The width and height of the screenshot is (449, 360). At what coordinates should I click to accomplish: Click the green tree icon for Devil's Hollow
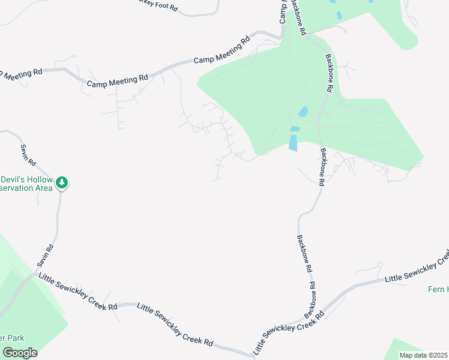pos(62,183)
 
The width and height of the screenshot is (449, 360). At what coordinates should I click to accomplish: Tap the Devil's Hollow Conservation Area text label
pos(26,183)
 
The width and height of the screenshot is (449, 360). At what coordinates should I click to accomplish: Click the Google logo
pos(20,352)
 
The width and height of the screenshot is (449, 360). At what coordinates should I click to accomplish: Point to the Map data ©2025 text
pos(423,355)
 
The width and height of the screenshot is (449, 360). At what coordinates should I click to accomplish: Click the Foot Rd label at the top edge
pos(157,7)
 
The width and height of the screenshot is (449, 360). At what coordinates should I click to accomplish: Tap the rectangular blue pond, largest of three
pos(293,143)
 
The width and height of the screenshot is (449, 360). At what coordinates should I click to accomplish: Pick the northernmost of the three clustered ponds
pos(303,112)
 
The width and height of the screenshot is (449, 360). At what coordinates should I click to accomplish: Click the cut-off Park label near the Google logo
pos(10,337)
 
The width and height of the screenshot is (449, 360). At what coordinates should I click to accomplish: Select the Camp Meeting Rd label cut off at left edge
pos(21,73)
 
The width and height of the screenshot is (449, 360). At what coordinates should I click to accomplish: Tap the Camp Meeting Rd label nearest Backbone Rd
pos(221,52)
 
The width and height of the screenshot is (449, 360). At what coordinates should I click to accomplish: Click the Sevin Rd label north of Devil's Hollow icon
pos(28,155)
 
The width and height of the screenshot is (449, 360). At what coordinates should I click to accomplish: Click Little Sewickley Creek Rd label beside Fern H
pos(417,269)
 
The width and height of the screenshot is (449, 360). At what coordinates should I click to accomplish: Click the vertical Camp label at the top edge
pos(283,11)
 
